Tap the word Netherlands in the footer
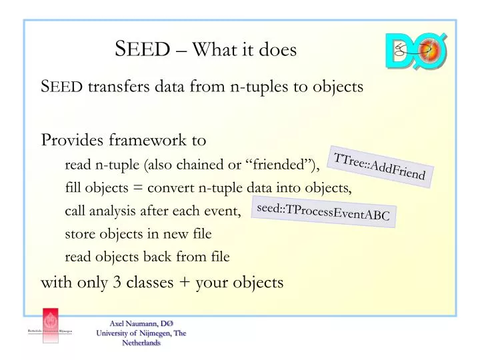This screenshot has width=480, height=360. tap(141, 343)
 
